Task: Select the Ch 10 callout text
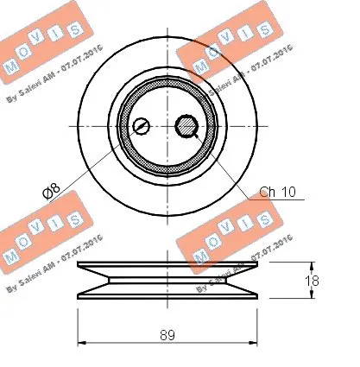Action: click(x=277, y=192)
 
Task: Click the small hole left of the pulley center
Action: click(x=142, y=127)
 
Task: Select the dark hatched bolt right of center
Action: click(x=186, y=127)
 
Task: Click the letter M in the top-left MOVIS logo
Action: click(x=11, y=68)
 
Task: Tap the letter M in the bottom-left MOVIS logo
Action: click(x=11, y=256)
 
